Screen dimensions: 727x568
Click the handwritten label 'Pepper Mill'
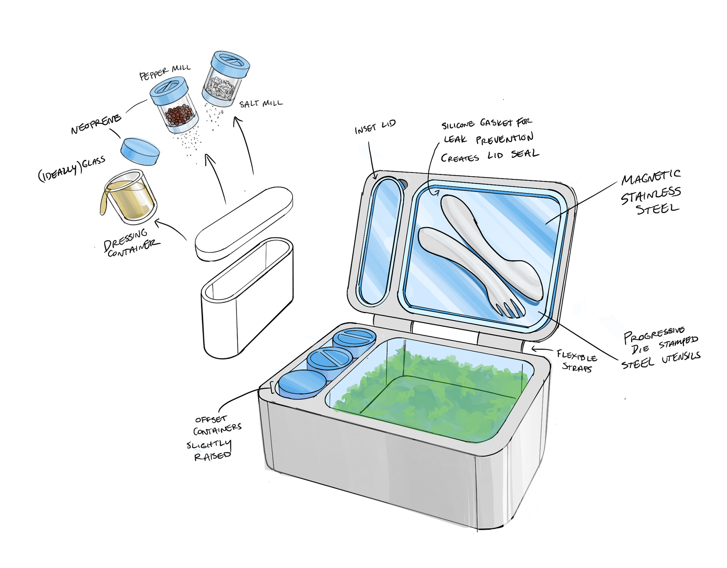pos(165,72)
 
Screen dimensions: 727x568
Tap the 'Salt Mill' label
pos(261,103)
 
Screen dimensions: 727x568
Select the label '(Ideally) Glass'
pos(72,169)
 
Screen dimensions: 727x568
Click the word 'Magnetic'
pos(651,177)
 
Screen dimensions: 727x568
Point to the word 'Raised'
pos(212,456)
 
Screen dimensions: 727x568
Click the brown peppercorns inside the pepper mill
pos(179,114)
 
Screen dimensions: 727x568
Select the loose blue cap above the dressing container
pos(140,151)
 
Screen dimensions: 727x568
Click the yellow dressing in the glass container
pos(131,200)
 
